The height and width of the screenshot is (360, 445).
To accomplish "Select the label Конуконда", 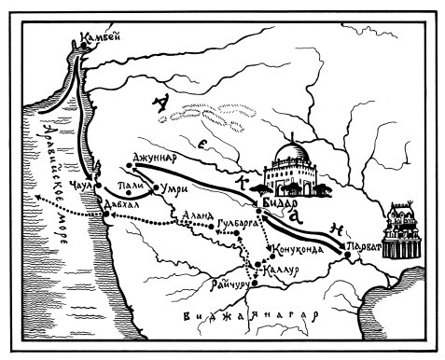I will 299,250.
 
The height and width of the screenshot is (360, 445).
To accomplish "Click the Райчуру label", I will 233,284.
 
